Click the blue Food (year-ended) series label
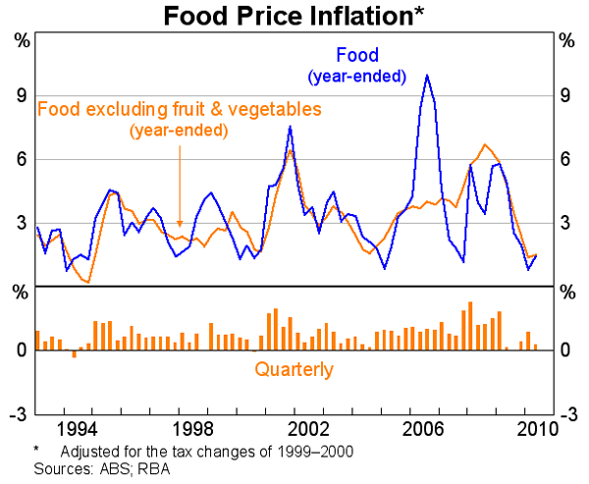(356, 65)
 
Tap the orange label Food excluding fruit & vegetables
(179, 110)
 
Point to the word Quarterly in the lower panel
(294, 370)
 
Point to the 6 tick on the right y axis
(566, 159)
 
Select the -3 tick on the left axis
(18, 413)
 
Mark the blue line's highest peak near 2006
(427, 76)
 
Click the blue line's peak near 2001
(290, 127)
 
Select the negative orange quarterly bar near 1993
(74, 352)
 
